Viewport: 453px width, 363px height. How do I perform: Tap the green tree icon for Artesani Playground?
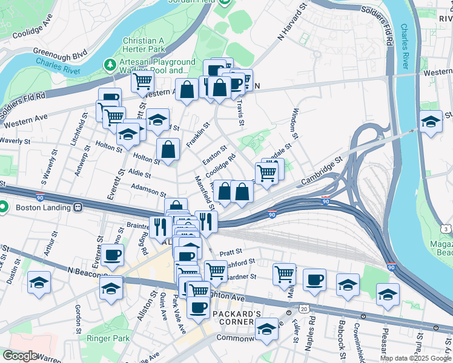pyautogui.click(x=110, y=64)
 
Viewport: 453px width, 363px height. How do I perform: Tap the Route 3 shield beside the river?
pyautogui.click(x=445, y=228)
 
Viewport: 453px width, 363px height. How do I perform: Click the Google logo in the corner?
pyautogui.click(x=19, y=356)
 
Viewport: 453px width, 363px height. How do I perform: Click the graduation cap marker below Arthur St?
pyautogui.click(x=39, y=283)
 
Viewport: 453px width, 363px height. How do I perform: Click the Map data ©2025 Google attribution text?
pyautogui.click(x=415, y=358)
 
